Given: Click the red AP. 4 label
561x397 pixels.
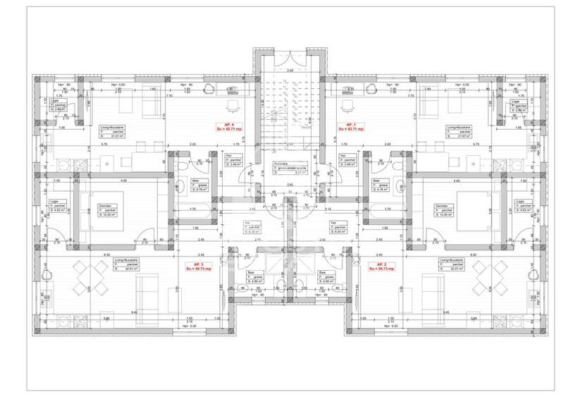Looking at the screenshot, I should pyautogui.click(x=224, y=124).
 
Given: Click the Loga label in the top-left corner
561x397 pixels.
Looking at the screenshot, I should pyautogui.click(x=54, y=102).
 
